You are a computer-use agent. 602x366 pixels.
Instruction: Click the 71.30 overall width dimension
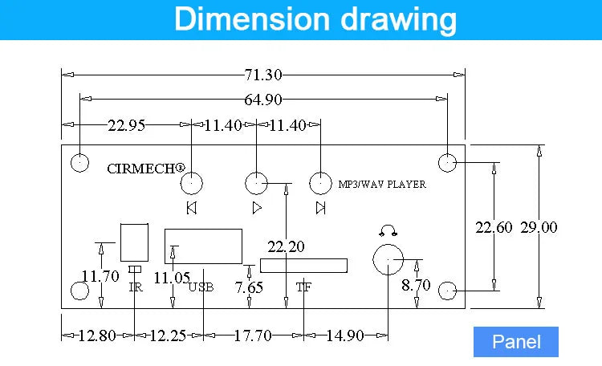tap(263, 75)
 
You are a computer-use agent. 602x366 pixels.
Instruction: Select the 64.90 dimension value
tap(263, 100)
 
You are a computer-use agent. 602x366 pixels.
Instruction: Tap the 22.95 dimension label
tap(126, 125)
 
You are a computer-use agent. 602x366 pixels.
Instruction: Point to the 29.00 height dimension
tap(539, 227)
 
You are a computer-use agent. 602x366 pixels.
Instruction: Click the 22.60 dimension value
tap(494, 227)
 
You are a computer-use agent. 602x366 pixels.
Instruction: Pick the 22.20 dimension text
tap(286, 246)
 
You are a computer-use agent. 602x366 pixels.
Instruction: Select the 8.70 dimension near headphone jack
tap(416, 285)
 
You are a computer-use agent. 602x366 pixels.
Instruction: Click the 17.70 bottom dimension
tap(253, 335)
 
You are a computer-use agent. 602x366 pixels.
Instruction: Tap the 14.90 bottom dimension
tap(345, 335)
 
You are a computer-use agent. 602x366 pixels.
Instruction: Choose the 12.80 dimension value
tap(97, 335)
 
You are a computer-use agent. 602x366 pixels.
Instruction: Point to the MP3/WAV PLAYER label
tap(382, 185)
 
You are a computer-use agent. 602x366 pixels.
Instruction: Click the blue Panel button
tap(516, 342)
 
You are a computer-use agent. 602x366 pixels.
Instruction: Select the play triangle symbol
tap(257, 208)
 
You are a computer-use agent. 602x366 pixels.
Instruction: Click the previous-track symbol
tap(192, 208)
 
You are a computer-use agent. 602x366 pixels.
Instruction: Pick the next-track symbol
tap(320, 208)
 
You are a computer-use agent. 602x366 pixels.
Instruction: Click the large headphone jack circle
tap(388, 244)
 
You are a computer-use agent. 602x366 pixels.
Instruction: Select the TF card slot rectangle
tap(303, 266)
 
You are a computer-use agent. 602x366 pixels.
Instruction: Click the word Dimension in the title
tap(252, 18)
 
